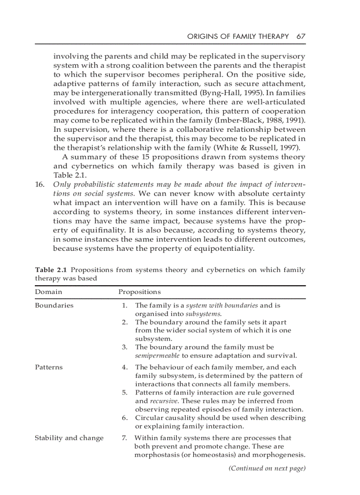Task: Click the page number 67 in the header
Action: point(301,36)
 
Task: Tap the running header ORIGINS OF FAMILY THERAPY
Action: point(238,36)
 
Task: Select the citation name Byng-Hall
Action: point(220,93)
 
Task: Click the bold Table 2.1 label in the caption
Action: point(50,270)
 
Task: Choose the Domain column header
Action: point(49,292)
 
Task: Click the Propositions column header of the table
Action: point(139,292)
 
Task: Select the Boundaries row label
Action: point(54,305)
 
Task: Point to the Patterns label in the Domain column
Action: point(49,367)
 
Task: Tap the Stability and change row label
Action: point(69,438)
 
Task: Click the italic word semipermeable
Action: point(157,356)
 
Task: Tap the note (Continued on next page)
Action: point(266,468)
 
